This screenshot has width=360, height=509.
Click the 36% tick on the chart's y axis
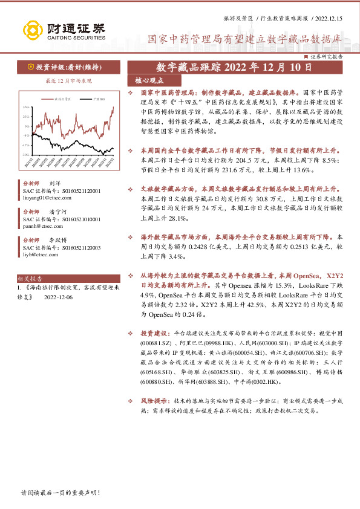27,107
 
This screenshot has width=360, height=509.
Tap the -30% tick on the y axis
27,155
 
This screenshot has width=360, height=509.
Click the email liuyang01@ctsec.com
44,197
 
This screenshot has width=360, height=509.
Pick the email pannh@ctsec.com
40,225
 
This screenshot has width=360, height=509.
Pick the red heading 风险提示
154,400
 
